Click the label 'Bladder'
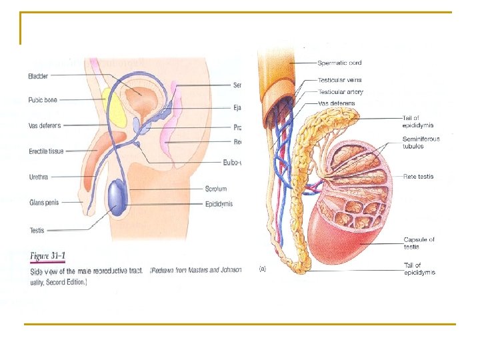[x=38, y=76]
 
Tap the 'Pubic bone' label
[x=43, y=100]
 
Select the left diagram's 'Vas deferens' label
[x=45, y=125]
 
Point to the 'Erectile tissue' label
[x=47, y=151]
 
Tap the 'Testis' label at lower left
[x=37, y=231]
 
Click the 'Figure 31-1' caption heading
[x=48, y=255]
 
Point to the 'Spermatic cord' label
[x=340, y=63]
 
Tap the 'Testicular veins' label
[x=340, y=81]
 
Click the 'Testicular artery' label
[x=341, y=91]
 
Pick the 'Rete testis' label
[x=418, y=177]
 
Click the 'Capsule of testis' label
[x=419, y=243]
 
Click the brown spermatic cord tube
[x=277, y=73]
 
